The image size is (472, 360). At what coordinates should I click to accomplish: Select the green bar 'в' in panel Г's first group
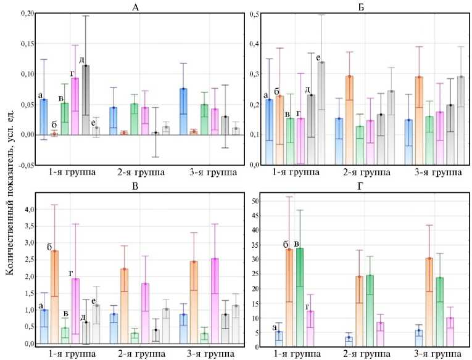click(x=317, y=296)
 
